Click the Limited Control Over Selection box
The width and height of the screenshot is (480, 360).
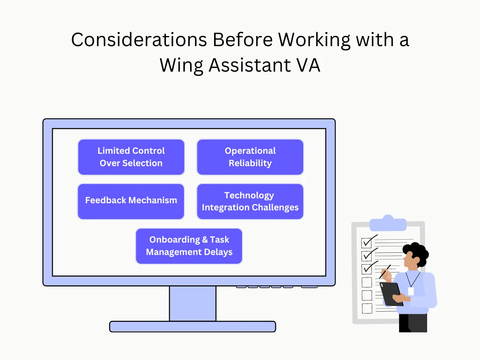[131, 157]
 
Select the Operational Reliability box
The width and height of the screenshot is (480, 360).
[250, 157]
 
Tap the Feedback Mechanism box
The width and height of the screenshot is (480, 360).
[131, 201]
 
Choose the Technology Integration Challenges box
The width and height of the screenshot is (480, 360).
[250, 201]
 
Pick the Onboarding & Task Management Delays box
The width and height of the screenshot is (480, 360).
[189, 246]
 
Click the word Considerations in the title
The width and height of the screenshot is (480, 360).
[139, 40]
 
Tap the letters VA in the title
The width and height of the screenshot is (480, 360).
[308, 65]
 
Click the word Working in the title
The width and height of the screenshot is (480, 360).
[314, 40]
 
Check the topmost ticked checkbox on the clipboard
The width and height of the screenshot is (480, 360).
[367, 243]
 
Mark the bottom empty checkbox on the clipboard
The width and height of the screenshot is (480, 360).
[367, 308]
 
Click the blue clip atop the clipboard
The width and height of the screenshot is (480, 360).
[388, 224]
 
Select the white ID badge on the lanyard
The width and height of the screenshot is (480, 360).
[411, 291]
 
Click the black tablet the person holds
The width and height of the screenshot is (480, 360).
[390, 292]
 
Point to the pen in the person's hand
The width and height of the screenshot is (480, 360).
[385, 272]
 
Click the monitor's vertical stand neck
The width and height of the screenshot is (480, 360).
[193, 303]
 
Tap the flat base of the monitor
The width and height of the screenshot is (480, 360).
[193, 327]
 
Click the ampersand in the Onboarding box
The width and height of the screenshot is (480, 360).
[205, 240]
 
